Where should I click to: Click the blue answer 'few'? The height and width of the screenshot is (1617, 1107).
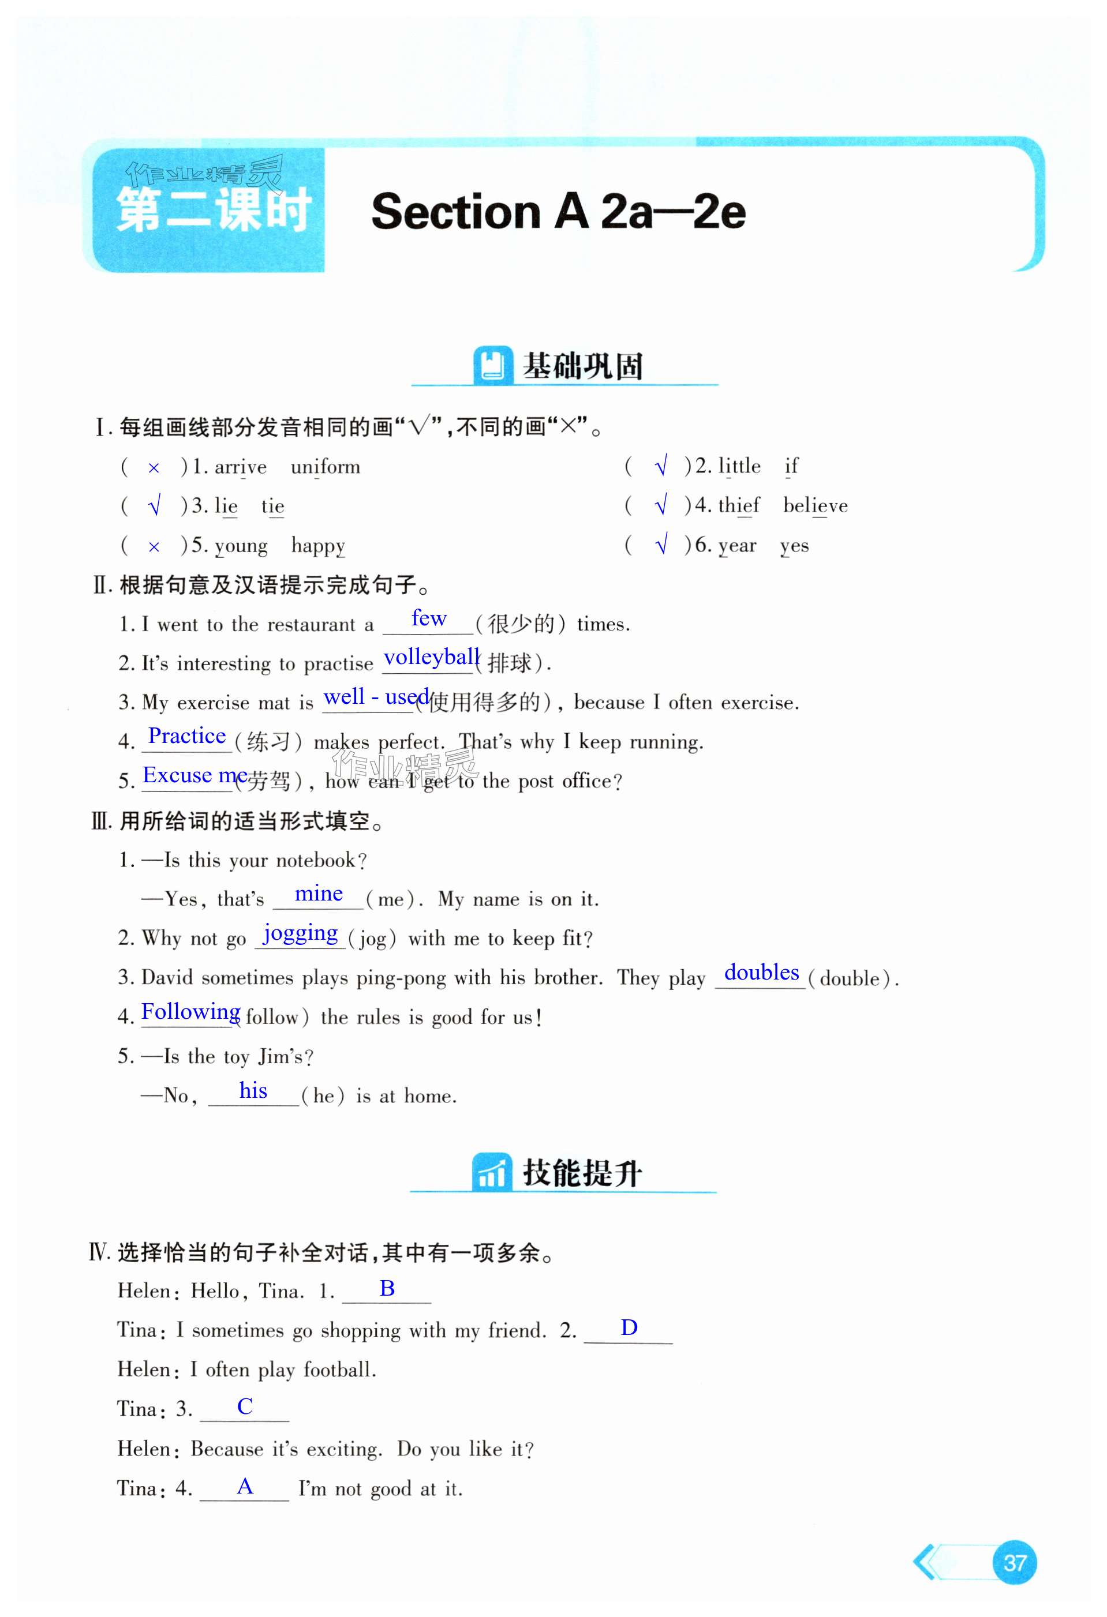click(428, 618)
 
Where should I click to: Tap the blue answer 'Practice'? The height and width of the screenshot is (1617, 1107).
click(186, 736)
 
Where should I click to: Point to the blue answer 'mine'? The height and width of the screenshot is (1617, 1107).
click(318, 894)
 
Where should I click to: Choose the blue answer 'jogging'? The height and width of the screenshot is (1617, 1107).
click(300, 933)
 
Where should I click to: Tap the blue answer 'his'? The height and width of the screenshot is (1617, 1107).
click(253, 1090)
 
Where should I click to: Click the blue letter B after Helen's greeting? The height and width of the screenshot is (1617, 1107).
click(387, 1289)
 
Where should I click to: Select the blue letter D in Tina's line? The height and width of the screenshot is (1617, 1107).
click(629, 1327)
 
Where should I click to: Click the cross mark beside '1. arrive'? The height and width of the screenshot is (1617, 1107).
click(154, 468)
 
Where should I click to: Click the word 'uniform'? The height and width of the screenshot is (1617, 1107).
click(325, 467)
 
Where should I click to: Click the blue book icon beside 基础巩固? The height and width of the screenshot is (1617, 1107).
click(492, 365)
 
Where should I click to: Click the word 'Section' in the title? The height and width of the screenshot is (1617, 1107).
click(455, 212)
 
